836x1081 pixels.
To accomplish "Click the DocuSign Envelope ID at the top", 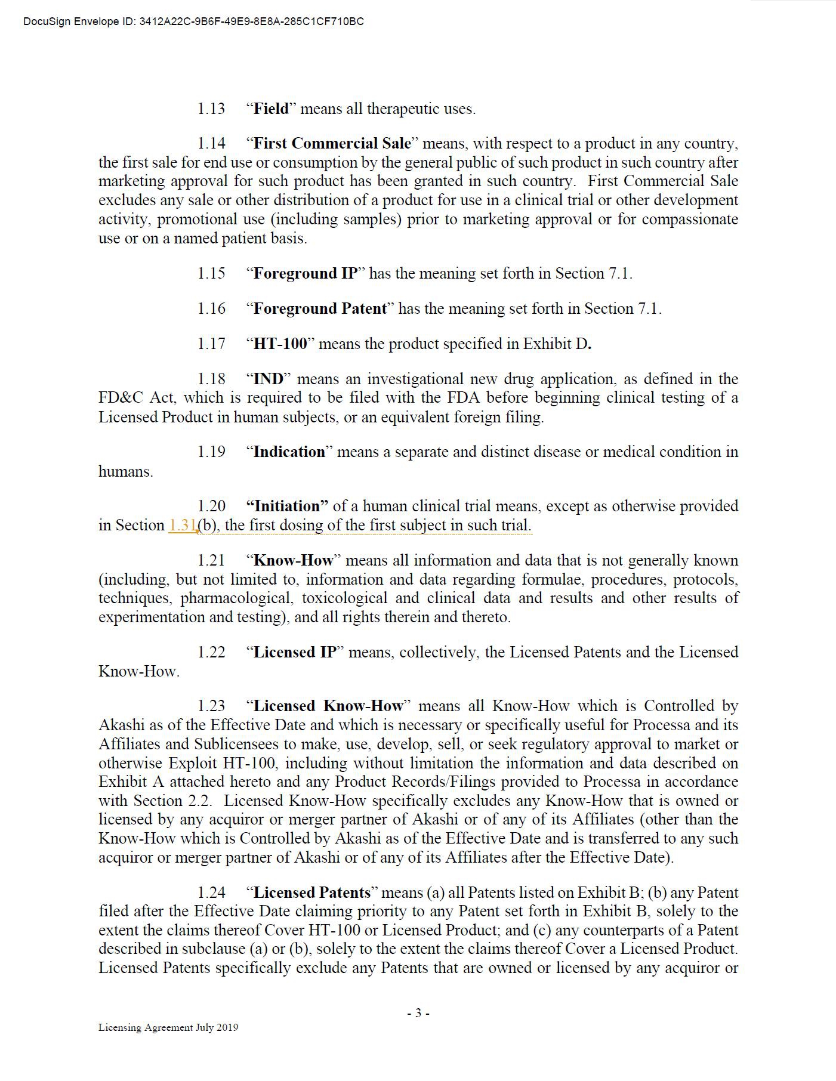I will (193, 22).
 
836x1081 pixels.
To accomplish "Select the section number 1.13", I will (211, 109).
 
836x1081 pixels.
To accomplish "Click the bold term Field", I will (271, 109).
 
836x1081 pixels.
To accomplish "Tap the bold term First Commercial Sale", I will (332, 143).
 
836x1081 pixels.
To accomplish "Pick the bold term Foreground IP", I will (306, 273).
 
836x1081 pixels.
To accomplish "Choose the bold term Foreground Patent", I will (320, 308).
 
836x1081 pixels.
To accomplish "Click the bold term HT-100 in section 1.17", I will (280, 344).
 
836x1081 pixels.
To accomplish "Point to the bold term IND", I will (268, 379).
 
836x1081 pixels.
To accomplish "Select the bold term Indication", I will (289, 452).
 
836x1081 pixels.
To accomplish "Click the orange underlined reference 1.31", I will (183, 525).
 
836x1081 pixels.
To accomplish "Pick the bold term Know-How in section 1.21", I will (294, 560).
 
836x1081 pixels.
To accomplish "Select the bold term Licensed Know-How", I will (328, 706).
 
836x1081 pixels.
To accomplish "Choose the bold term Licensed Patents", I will (312, 892).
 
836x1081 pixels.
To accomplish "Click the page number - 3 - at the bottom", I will (418, 1012).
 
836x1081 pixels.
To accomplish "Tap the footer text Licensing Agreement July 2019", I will (168, 1027).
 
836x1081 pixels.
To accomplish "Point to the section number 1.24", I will (211, 892).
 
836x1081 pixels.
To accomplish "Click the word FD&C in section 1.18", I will (120, 398).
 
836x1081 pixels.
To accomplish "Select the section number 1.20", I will (211, 506).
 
